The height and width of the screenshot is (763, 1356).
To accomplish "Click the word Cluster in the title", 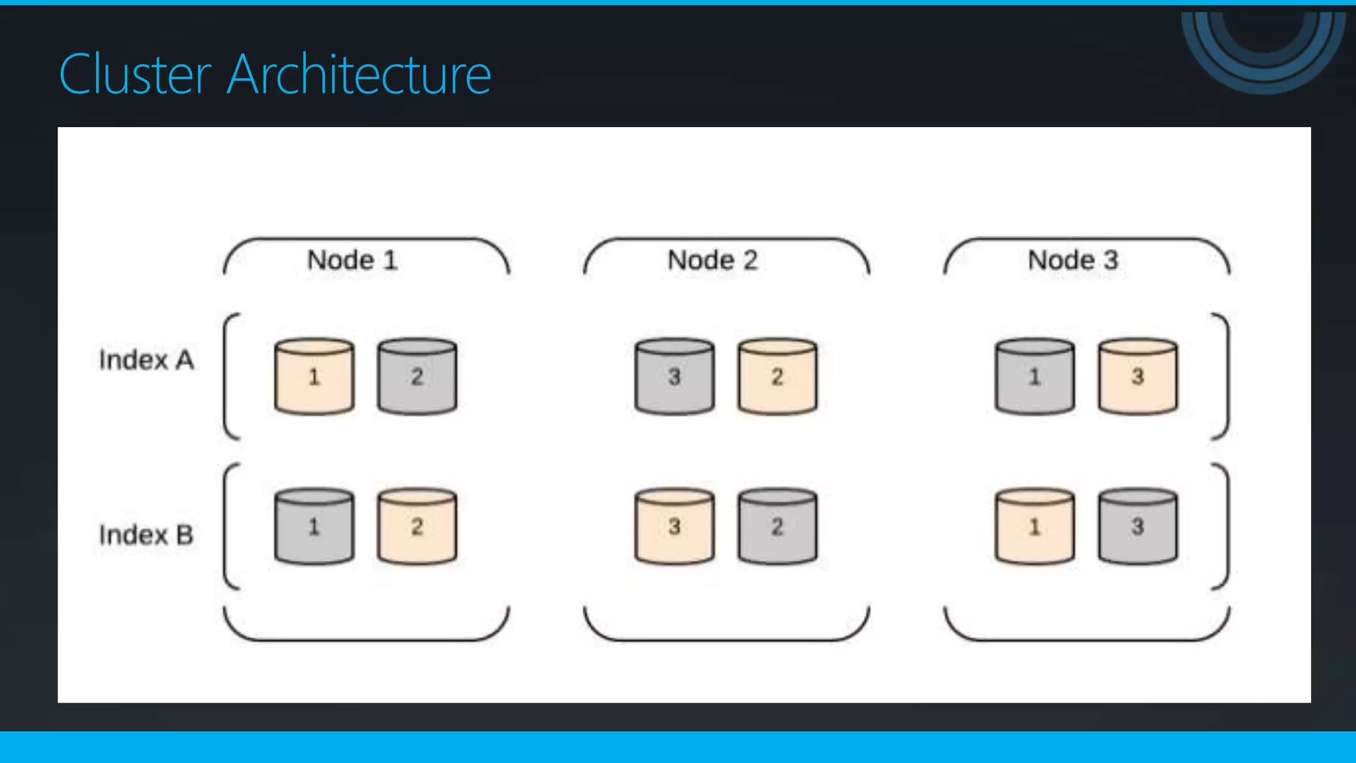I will (x=135, y=75).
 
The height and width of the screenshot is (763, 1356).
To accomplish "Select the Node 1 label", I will (x=352, y=260).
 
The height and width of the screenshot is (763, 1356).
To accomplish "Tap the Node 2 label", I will (x=712, y=260).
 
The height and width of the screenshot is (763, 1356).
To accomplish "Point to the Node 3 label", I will (x=1073, y=260).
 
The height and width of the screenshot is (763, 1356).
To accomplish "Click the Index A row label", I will (x=146, y=360).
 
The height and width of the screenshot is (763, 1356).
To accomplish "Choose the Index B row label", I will (x=146, y=535).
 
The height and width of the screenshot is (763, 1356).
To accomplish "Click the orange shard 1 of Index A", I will (x=315, y=377).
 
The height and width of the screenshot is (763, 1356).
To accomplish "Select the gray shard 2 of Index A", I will (x=417, y=377).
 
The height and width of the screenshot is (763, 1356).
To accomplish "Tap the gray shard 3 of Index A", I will (x=675, y=377).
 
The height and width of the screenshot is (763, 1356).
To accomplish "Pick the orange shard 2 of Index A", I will (x=777, y=377).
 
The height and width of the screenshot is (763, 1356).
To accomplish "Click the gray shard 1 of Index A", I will (x=1035, y=377).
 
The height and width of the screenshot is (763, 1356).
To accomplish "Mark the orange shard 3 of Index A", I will (x=1138, y=377).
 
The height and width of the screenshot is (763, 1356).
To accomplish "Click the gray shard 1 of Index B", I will (x=315, y=527).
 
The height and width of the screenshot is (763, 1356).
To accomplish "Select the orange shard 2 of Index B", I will (x=417, y=527).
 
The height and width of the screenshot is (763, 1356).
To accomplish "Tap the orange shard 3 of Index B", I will (x=675, y=527).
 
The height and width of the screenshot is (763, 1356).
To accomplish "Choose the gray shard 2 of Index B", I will (x=777, y=527).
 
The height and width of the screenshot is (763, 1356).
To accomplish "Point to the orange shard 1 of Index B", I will (x=1035, y=527).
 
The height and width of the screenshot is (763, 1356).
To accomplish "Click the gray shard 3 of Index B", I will (x=1138, y=527).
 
